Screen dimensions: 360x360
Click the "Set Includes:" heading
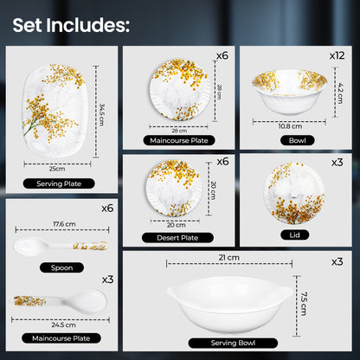pyautogui.click(x=71, y=25)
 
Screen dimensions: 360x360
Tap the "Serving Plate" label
pyautogui.click(x=59, y=183)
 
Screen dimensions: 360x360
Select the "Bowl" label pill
pyautogui.click(x=298, y=140)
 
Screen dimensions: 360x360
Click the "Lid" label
pyautogui.click(x=295, y=235)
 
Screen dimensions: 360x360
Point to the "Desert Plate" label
pyautogui.click(x=177, y=238)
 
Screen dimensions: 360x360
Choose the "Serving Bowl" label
pyautogui.click(x=233, y=343)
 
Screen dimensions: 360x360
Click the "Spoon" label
pyautogui.click(x=61, y=267)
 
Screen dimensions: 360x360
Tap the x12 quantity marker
pyautogui.click(x=337, y=55)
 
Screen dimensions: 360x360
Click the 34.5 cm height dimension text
pyautogui.click(x=101, y=115)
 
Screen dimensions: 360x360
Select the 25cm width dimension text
pyautogui.click(x=57, y=169)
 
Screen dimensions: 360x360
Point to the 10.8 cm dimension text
pyautogui.click(x=290, y=126)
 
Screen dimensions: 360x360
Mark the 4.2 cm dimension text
pyautogui.click(x=340, y=93)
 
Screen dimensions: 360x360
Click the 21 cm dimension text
pyautogui.click(x=229, y=257)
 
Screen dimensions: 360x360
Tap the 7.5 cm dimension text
pyautogui.click(x=304, y=304)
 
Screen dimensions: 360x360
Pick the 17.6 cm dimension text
pyautogui.click(x=64, y=224)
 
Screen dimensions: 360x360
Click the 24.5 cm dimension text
pyautogui.click(x=64, y=325)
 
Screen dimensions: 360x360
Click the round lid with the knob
pyautogui.click(x=294, y=193)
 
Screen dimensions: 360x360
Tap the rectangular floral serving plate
pyautogui.click(x=54, y=111)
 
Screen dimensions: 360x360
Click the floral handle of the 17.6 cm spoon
pyautogui.click(x=90, y=246)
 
